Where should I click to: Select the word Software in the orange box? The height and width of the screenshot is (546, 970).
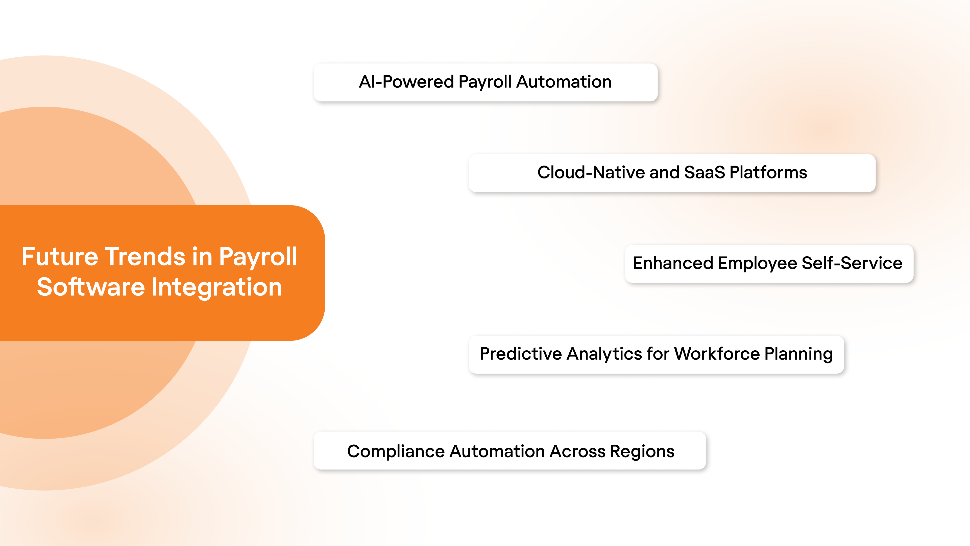click(91, 287)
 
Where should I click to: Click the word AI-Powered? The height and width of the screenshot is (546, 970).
click(406, 82)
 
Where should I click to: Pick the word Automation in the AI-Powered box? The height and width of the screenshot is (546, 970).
click(564, 82)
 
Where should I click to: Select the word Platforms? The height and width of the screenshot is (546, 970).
click(768, 173)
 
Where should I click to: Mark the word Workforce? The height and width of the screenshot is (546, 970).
click(717, 354)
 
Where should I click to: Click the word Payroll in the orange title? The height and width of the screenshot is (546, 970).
click(258, 257)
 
